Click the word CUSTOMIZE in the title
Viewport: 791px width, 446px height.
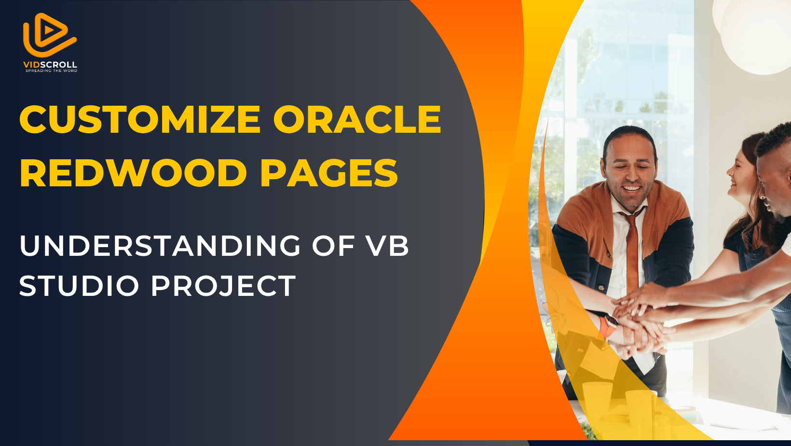coord(140,119)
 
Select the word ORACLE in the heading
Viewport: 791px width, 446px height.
coord(357,119)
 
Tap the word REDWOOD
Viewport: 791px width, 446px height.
coord(134,173)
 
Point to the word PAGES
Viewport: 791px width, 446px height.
coord(329,173)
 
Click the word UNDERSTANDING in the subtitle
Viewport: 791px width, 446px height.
coord(160,245)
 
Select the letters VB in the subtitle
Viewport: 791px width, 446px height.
coord(388,245)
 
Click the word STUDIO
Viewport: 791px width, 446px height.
coord(79,285)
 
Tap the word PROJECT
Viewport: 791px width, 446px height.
coord(223,285)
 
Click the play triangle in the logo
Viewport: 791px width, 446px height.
coord(51,30)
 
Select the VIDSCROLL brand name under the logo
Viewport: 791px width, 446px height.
coord(50,65)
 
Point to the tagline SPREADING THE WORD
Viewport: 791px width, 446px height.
coord(51,70)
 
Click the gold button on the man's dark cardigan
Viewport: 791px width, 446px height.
coord(600,288)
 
